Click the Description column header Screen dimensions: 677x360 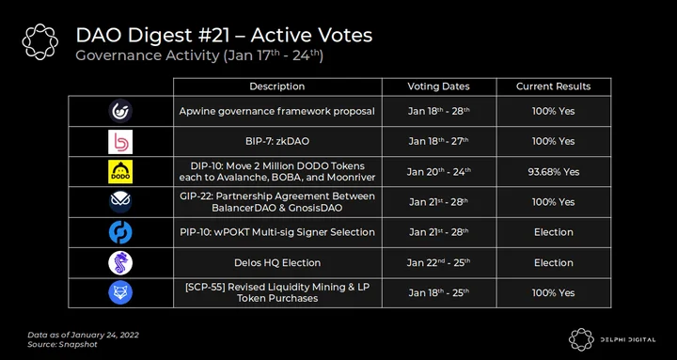click(277, 86)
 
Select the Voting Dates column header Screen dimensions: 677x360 click(439, 86)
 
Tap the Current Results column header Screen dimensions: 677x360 click(554, 86)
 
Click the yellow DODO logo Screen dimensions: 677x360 click(120, 172)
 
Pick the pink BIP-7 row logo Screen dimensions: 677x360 click(120, 142)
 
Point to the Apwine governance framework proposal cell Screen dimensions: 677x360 click(277, 111)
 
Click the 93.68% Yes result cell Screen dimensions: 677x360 click(554, 172)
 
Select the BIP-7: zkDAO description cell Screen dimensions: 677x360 click(277, 142)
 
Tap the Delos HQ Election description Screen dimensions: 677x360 click(277, 262)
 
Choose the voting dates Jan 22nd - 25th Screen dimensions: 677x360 click(439, 262)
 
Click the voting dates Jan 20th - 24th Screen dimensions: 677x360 click(439, 172)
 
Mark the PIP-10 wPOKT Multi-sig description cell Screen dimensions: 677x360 click(277, 232)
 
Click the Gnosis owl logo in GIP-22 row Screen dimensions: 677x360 click(120, 202)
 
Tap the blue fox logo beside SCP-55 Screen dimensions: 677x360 click(120, 292)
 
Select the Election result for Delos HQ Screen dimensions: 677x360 click(554, 262)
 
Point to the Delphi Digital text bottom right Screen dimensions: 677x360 click(627, 339)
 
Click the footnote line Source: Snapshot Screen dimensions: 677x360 click(63, 344)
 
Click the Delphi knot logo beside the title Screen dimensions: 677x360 click(40, 41)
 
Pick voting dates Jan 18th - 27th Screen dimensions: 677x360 click(439, 142)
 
